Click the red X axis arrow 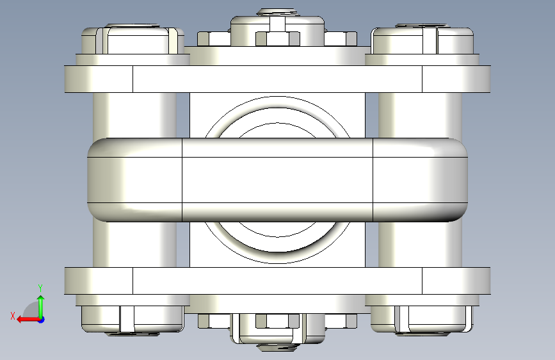(x=28, y=320)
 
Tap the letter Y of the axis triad (x=40, y=288)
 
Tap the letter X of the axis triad (x=13, y=316)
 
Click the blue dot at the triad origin (x=42, y=320)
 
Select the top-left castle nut (x=133, y=40)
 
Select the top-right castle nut (x=422, y=40)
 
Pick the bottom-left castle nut (x=133, y=319)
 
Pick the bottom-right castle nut (x=422, y=319)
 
